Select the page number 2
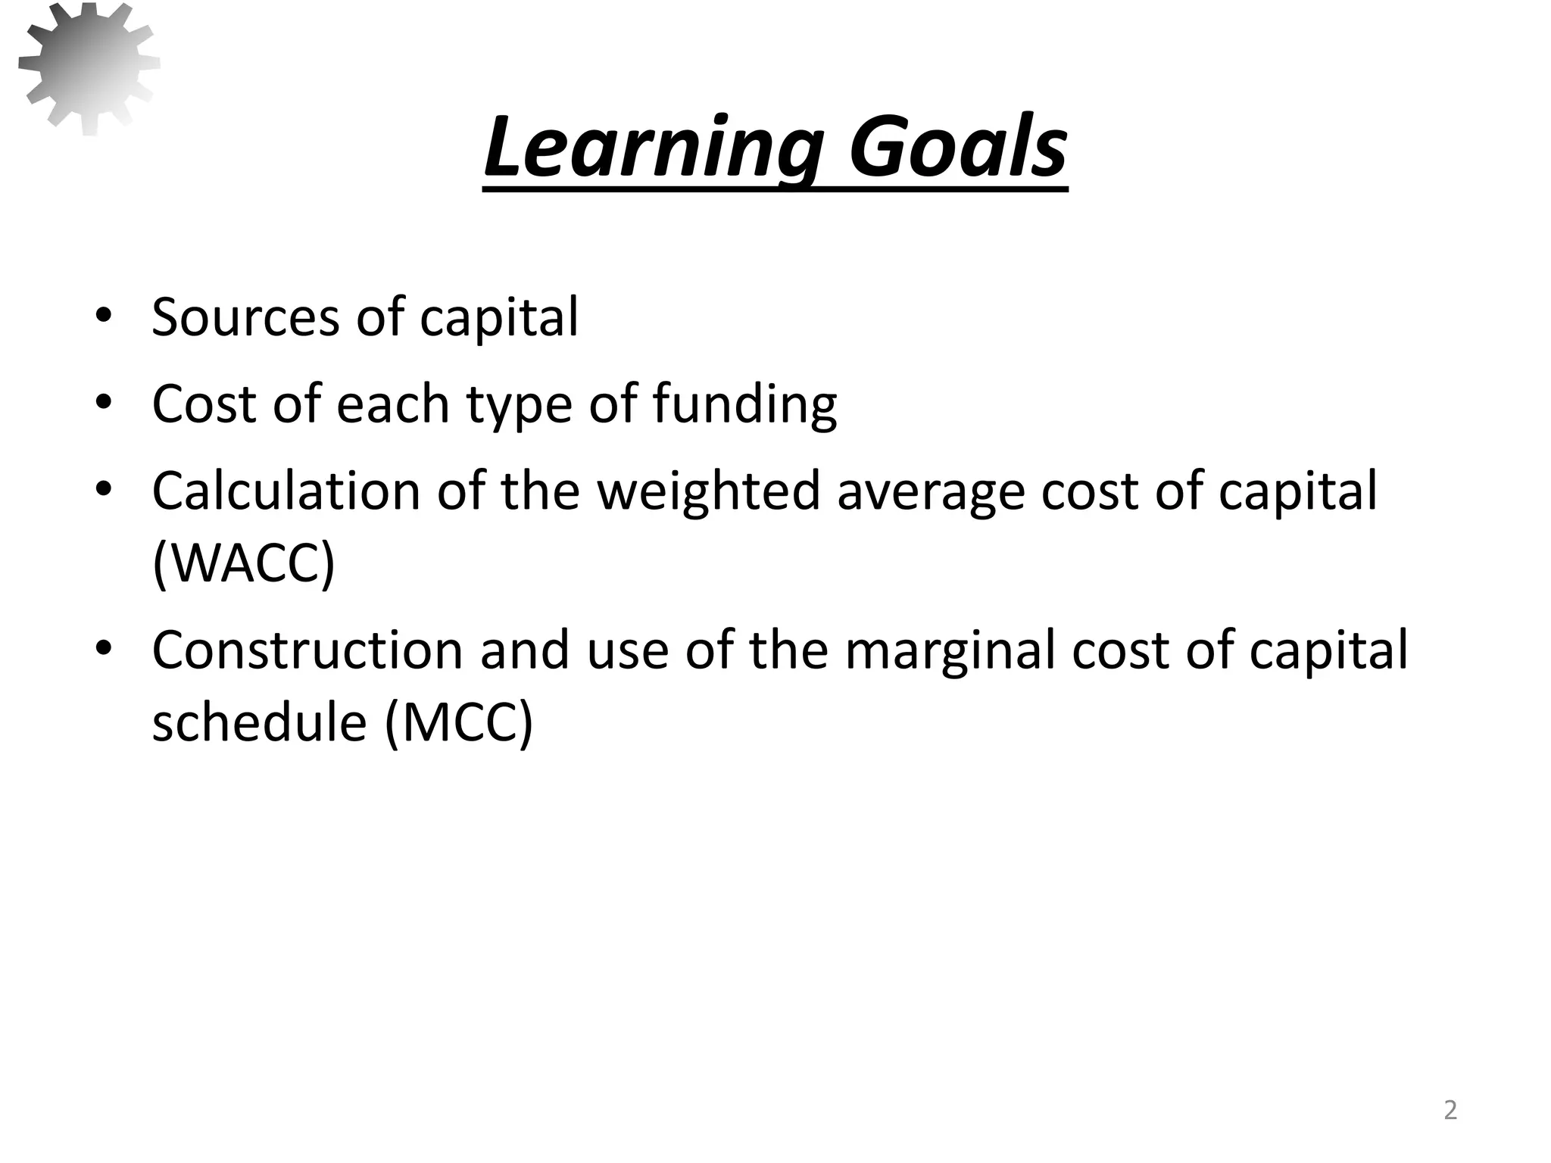pyautogui.click(x=1450, y=1110)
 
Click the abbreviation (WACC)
pyautogui.click(x=243, y=562)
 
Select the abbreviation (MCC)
pyautogui.click(x=459, y=723)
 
